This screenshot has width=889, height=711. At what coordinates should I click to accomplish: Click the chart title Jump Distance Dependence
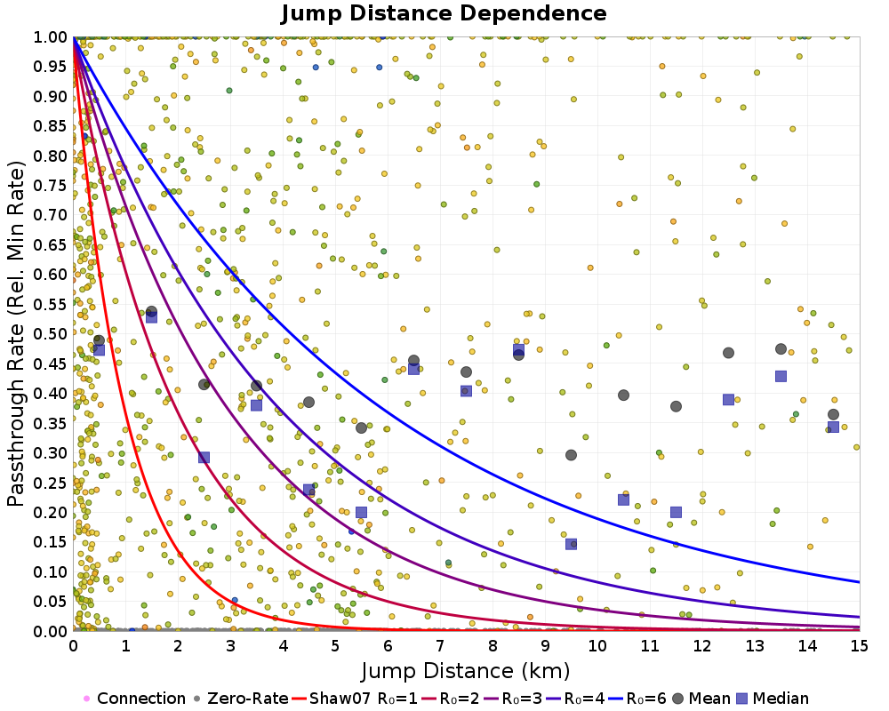(444, 13)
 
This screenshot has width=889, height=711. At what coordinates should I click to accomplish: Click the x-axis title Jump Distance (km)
(466, 669)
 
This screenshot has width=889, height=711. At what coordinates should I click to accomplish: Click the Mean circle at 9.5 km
(571, 455)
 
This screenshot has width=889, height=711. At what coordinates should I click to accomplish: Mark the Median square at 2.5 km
(204, 458)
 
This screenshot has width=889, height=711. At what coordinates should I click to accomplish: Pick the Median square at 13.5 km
(781, 376)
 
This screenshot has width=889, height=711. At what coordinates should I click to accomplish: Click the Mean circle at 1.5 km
(151, 312)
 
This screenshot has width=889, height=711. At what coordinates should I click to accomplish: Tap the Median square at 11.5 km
(676, 512)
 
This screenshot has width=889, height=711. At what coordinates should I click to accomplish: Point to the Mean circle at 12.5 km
(728, 353)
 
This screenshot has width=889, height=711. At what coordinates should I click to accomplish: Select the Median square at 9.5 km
(571, 544)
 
